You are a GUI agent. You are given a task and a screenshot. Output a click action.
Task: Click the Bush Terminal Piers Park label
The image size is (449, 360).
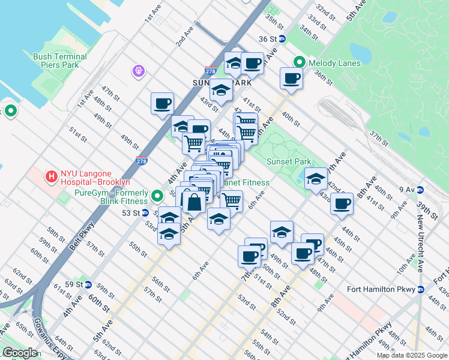(60, 61)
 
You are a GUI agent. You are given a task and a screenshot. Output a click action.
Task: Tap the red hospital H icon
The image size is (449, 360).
(52, 177)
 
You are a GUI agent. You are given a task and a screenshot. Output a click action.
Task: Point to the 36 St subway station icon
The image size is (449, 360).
(282, 39)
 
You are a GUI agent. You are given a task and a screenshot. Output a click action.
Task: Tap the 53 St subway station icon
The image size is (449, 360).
(145, 213)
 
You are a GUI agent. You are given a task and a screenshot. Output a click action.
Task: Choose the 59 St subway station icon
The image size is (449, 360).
(88, 284)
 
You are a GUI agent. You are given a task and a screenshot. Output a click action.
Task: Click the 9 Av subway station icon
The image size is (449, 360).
(420, 190)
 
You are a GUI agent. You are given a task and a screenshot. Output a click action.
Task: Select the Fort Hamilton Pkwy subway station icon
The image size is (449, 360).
(420, 289)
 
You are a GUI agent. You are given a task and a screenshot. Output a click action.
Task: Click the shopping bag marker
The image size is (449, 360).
(194, 201)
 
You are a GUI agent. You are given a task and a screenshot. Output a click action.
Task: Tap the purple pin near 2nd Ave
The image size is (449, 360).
(139, 71)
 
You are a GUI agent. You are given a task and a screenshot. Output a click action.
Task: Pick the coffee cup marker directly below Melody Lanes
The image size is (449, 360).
(292, 79)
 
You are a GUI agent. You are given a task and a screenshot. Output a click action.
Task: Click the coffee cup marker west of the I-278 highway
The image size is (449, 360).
(162, 103)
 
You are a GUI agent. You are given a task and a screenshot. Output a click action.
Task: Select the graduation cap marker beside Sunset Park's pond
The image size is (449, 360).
(316, 178)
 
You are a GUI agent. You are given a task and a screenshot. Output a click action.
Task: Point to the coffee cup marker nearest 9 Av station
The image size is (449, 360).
(342, 203)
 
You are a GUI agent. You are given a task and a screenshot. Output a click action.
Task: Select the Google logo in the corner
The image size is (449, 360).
(20, 352)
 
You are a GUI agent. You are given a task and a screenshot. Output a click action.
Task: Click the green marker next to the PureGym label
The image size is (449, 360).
(157, 196)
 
